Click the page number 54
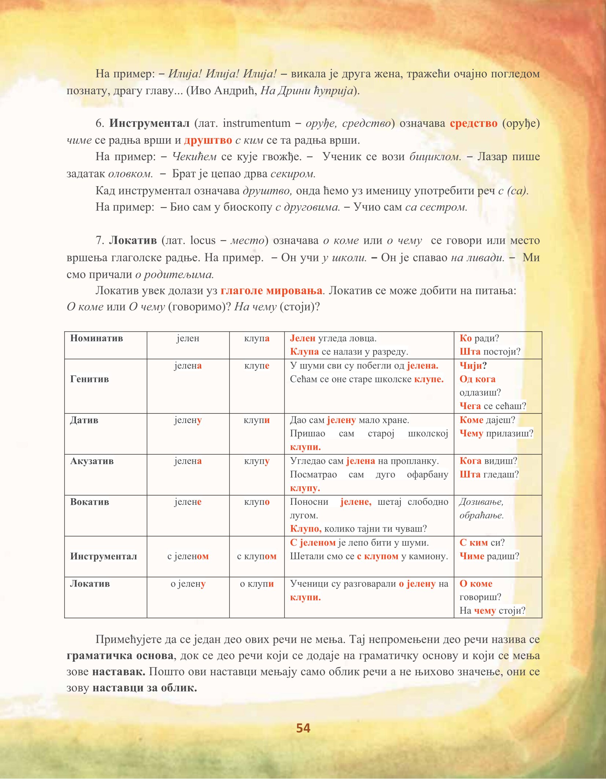click(303, 728)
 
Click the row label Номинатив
click(96, 338)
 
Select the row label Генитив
click(89, 379)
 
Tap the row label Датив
click(84, 420)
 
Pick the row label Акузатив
click(92, 461)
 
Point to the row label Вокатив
click(89, 501)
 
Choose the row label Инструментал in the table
click(103, 556)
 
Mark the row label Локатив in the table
click(90, 583)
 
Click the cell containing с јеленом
click(188, 556)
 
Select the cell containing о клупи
click(257, 583)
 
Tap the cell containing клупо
click(257, 501)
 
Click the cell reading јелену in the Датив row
click(188, 420)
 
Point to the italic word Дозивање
click(481, 501)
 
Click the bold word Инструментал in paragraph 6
click(149, 123)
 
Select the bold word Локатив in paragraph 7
click(133, 240)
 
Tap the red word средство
click(473, 123)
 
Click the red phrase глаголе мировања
click(271, 290)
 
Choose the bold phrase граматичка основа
click(120, 655)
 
